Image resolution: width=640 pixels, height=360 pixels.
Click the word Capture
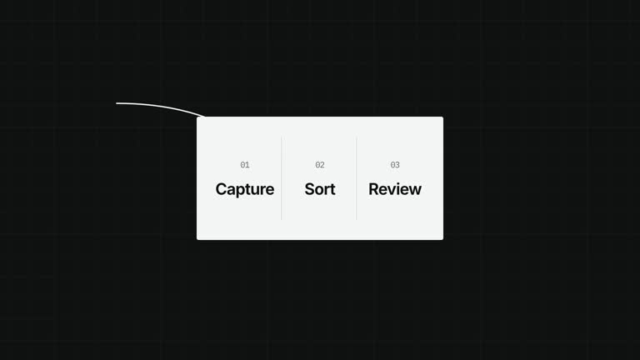pyautogui.click(x=245, y=190)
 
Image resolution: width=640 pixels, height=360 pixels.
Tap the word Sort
pyautogui.click(x=320, y=189)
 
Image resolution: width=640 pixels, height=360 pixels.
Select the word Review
pyautogui.click(x=395, y=189)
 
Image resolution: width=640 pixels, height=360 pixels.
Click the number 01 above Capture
pyautogui.click(x=245, y=165)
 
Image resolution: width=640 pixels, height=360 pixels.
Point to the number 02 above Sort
pyautogui.click(x=320, y=165)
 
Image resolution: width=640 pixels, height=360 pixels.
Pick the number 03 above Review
pyautogui.click(x=395, y=165)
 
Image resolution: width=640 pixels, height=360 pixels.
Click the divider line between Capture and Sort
pyautogui.click(x=281, y=178)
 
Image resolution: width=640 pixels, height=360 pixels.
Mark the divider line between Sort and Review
pyautogui.click(x=357, y=178)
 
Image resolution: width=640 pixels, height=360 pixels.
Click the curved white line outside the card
pyautogui.click(x=161, y=106)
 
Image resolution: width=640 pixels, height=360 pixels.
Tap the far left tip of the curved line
pyautogui.click(x=117, y=103)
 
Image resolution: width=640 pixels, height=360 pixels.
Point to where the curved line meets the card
pyautogui.click(x=204, y=117)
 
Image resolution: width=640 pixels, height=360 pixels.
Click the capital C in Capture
pyautogui.click(x=221, y=189)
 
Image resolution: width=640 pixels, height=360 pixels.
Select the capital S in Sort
pyautogui.click(x=310, y=189)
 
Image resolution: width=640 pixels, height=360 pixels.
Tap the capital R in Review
pyautogui.click(x=374, y=189)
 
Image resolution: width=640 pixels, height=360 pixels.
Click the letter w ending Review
pyautogui.click(x=415, y=191)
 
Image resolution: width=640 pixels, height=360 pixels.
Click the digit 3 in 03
pyautogui.click(x=397, y=165)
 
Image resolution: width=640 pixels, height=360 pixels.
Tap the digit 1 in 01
pyautogui.click(x=247, y=165)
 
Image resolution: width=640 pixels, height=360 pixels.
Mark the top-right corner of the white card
pyautogui.click(x=443, y=117)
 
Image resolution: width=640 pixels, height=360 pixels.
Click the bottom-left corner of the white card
pyautogui.click(x=197, y=240)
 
